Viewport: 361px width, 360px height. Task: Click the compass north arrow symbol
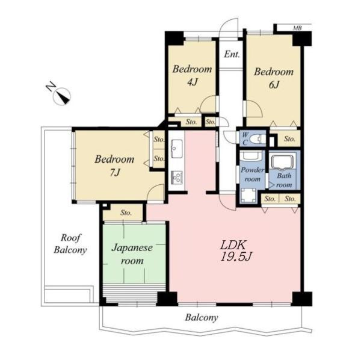(60, 94)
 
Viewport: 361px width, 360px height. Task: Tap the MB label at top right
(297, 28)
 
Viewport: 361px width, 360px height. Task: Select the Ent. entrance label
(232, 55)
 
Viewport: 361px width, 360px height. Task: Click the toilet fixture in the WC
(258, 139)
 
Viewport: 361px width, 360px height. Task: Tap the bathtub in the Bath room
(283, 162)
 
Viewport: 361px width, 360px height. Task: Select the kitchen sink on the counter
(176, 149)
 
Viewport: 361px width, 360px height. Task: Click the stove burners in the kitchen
(176, 178)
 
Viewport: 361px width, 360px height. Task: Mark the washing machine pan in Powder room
(248, 196)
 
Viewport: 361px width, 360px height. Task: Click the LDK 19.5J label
(236, 251)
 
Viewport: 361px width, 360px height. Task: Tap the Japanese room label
(132, 254)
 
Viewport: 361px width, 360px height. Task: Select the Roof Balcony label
(70, 244)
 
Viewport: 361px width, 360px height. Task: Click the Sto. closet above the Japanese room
(126, 213)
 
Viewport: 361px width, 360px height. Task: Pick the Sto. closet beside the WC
(289, 138)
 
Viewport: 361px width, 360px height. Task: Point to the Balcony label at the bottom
(202, 318)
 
